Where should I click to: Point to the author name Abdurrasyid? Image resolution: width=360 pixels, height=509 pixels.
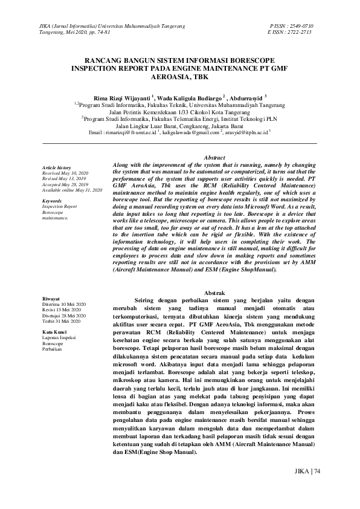(x=246, y=96)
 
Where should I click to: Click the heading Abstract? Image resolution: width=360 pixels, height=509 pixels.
(x=215, y=157)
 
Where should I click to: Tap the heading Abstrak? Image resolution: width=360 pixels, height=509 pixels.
(x=215, y=293)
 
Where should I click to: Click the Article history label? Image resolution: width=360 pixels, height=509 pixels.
(x=56, y=167)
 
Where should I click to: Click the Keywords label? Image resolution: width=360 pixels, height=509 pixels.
(x=53, y=201)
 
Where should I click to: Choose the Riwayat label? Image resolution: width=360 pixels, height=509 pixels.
(x=51, y=299)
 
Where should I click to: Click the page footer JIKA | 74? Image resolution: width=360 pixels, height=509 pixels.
(x=306, y=471)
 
